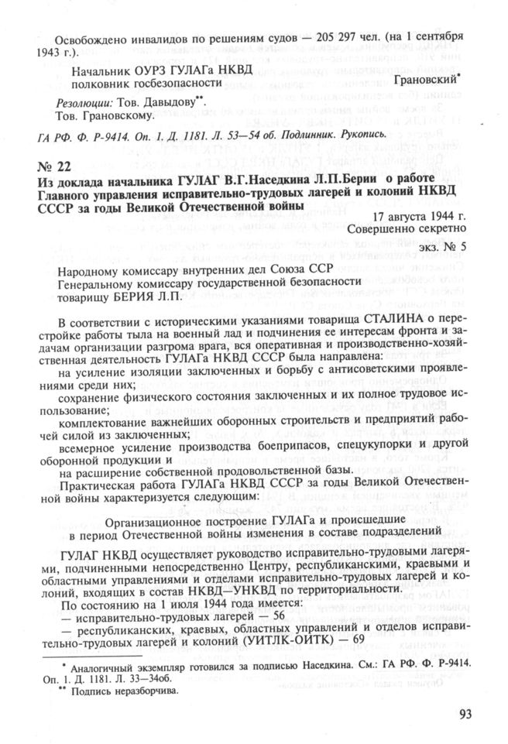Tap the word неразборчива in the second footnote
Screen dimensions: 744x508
(x=142, y=691)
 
